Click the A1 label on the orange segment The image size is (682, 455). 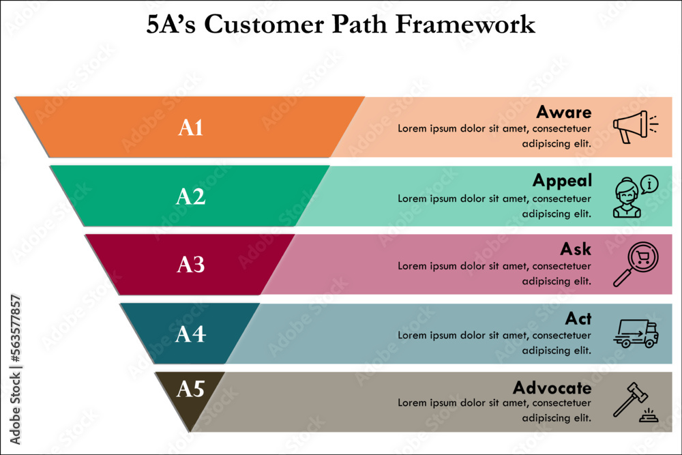[x=191, y=128]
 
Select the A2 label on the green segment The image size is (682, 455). [x=190, y=196]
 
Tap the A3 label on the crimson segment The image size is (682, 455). [x=191, y=265]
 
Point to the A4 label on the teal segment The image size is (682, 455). [x=190, y=334]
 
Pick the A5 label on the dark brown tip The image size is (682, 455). [x=190, y=389]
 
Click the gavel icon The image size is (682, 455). [x=634, y=402]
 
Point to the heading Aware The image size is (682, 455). [x=563, y=112]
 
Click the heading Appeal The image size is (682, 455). [x=562, y=181]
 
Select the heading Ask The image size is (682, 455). [x=577, y=249]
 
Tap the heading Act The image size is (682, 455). [x=578, y=319]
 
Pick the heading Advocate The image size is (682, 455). [x=552, y=388]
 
